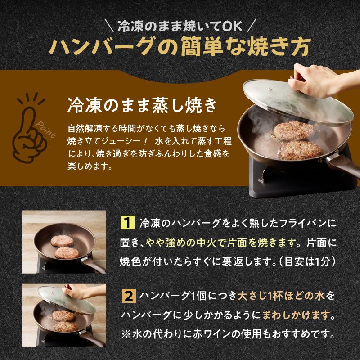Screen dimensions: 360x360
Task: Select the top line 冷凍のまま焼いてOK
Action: tap(180, 25)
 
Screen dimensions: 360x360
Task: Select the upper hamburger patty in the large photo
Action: tap(293, 130)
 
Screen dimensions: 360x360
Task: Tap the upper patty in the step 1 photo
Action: tap(62, 241)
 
